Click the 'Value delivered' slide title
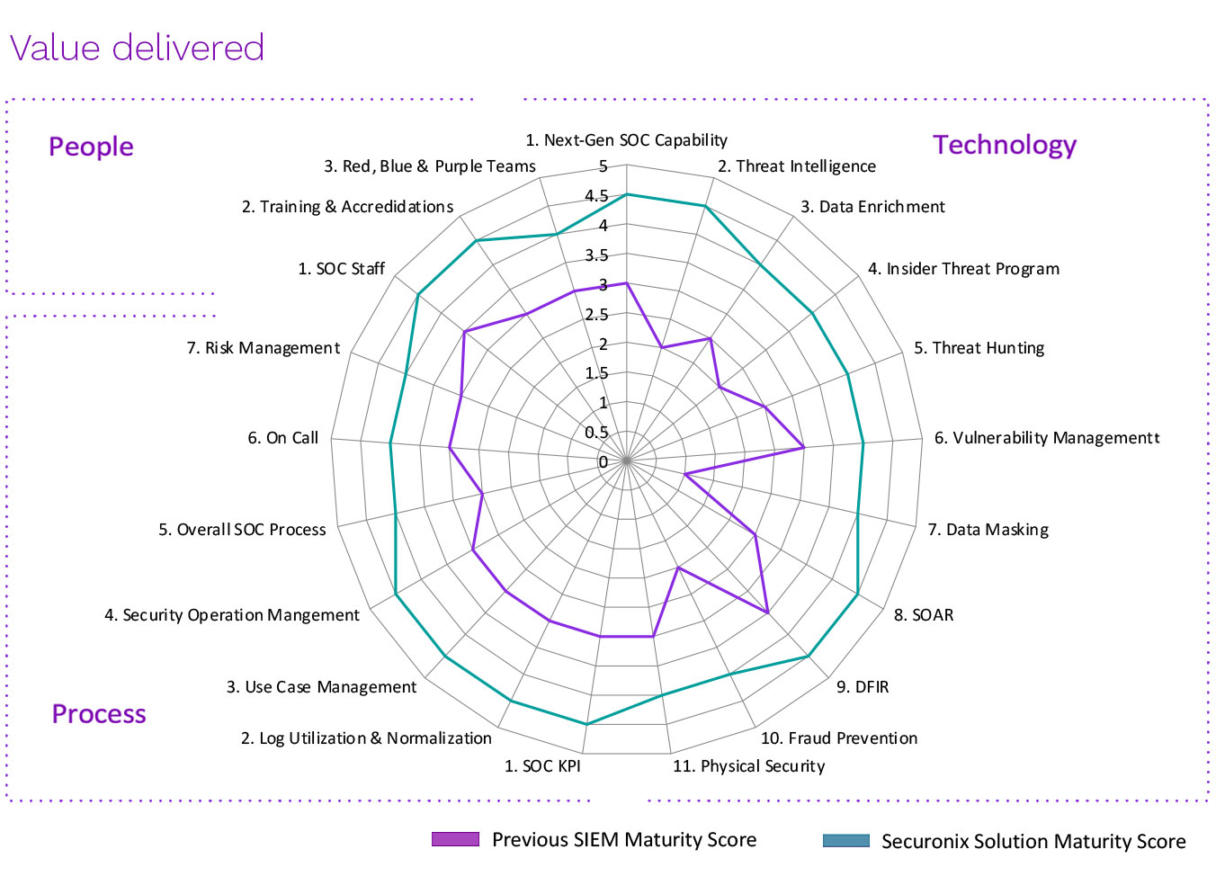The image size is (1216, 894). (x=137, y=48)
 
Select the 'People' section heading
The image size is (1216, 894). (x=91, y=147)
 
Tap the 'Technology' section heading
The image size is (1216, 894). (x=1005, y=145)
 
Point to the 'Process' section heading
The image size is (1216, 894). (x=99, y=714)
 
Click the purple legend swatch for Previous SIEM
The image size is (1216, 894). (x=455, y=839)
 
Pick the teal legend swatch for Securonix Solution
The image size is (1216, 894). (x=846, y=841)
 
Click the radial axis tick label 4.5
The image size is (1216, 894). (x=596, y=196)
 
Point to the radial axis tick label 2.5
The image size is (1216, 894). (x=596, y=315)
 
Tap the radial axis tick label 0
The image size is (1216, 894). (x=604, y=462)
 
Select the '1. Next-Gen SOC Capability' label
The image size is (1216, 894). (x=626, y=140)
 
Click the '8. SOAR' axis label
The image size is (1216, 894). (x=924, y=615)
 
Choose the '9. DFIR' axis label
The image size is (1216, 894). (x=863, y=687)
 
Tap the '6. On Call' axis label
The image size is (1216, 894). (x=283, y=438)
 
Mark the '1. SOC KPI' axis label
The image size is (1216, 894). (x=542, y=766)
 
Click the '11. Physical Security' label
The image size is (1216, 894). (x=748, y=766)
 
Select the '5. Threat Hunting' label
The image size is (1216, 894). (x=979, y=348)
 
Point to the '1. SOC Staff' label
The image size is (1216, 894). (x=342, y=269)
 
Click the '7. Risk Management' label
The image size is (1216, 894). (x=264, y=348)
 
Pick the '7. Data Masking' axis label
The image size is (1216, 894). (x=988, y=530)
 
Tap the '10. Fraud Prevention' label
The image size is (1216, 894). (x=839, y=738)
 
